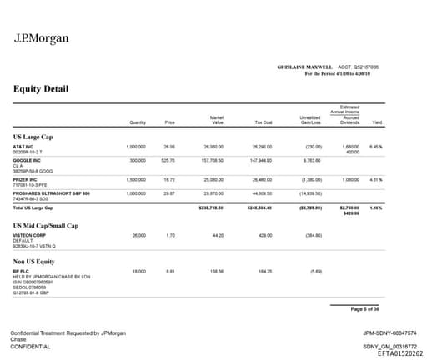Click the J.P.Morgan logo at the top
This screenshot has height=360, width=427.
coord(42,38)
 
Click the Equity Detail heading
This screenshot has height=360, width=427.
coord(41,89)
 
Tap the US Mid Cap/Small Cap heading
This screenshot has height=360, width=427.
coord(46,225)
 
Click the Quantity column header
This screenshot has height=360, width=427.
coord(138,122)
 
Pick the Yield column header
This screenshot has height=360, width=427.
coord(377,122)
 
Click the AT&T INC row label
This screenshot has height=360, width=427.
coord(23,146)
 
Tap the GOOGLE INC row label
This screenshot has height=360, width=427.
coord(27,159)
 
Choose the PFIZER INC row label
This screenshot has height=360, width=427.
coord(27,178)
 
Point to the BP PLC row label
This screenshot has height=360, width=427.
coord(22,271)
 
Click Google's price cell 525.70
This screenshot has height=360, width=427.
coord(168,159)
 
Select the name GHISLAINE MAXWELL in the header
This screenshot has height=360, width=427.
coord(305,67)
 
